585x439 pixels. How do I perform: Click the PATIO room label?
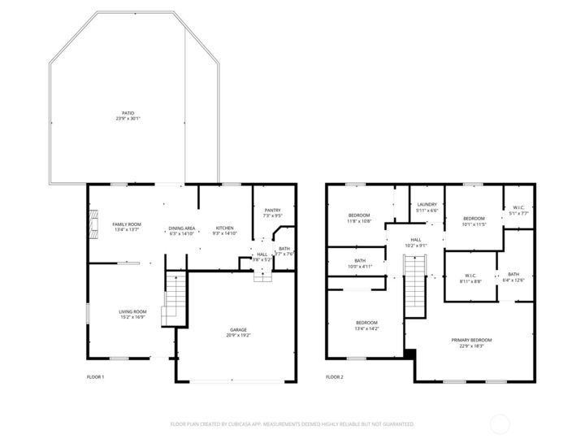pyautogui.click(x=128, y=114)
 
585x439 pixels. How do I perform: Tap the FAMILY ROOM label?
pyautogui.click(x=127, y=224)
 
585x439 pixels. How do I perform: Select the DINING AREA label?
pyautogui.click(x=181, y=228)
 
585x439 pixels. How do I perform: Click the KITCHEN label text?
pyautogui.click(x=225, y=228)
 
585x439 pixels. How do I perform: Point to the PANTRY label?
pyautogui.click(x=272, y=211)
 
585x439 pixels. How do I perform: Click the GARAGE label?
pyautogui.click(x=238, y=330)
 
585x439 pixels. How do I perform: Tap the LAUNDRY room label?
pyautogui.click(x=427, y=205)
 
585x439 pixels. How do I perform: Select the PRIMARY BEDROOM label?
pyautogui.click(x=472, y=340)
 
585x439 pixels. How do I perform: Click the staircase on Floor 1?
pyautogui.click(x=175, y=298)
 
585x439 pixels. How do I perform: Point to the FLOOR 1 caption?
pyautogui.click(x=95, y=377)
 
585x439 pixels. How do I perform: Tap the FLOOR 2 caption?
pyautogui.click(x=335, y=377)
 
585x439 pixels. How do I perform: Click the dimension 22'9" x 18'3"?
pyautogui.click(x=472, y=346)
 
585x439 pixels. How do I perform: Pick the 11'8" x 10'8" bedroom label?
pyautogui.click(x=359, y=218)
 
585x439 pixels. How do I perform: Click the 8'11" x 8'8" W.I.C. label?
pyautogui.click(x=470, y=278)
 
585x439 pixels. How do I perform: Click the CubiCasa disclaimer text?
pyautogui.click(x=292, y=424)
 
